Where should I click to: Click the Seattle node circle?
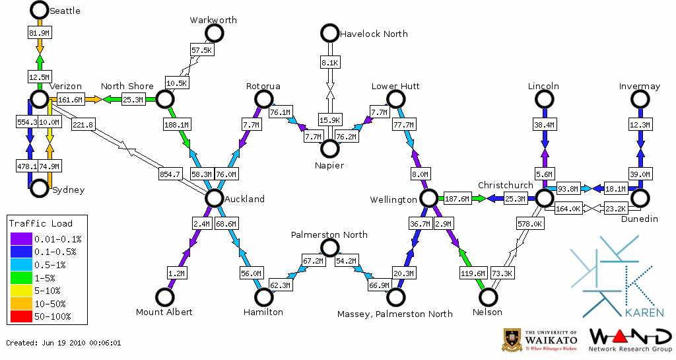[x=39, y=10]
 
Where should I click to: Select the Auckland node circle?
[x=214, y=198]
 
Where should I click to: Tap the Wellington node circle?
[x=428, y=198]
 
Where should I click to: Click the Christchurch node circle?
[x=544, y=198]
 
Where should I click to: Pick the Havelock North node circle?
[x=329, y=33]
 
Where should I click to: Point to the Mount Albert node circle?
[x=164, y=297]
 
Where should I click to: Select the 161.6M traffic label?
[x=70, y=100]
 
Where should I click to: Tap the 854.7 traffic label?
[x=170, y=174]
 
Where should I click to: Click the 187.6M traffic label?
[x=457, y=198]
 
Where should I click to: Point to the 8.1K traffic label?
[x=329, y=63]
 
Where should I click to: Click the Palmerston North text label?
[x=329, y=234]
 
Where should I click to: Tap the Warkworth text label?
[x=213, y=20]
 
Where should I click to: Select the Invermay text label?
[x=640, y=87]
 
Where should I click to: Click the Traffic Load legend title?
[x=41, y=223]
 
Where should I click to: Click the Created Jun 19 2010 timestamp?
[x=63, y=343]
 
